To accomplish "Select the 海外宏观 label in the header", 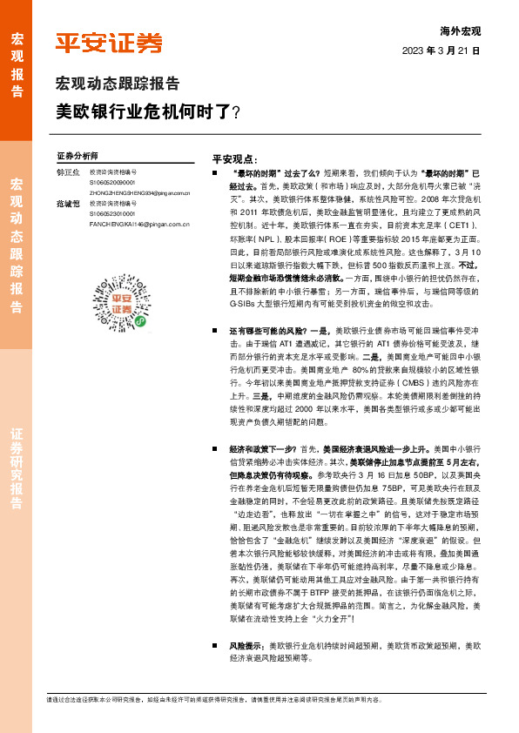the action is (x=460, y=30).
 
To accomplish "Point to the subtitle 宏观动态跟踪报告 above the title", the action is (x=118, y=84).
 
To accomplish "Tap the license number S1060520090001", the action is (x=112, y=183).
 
